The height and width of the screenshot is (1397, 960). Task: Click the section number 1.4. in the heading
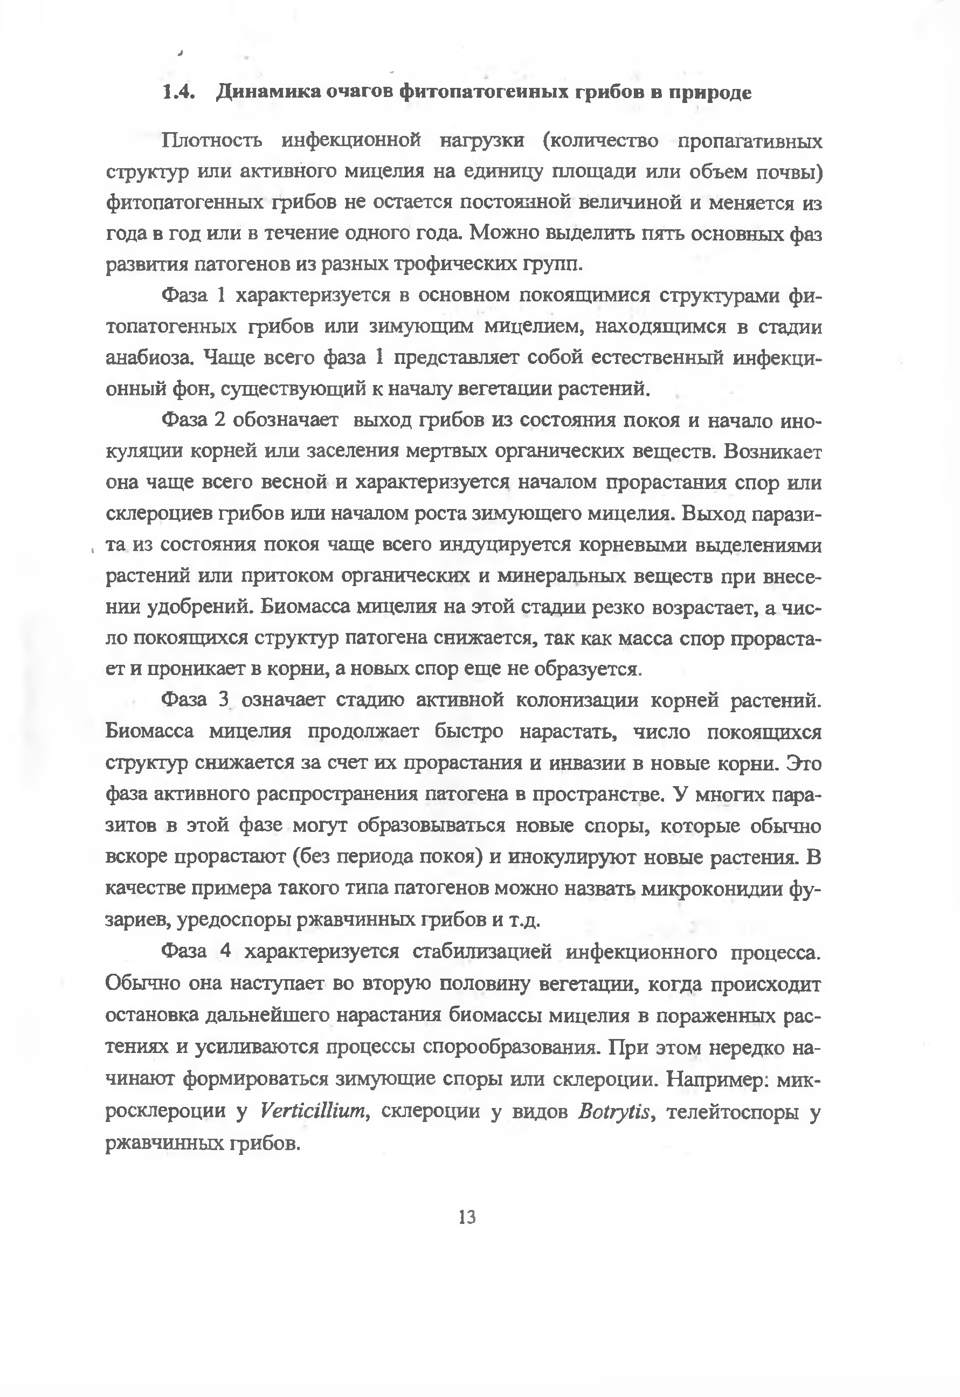point(178,92)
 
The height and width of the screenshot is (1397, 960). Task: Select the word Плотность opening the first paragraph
point(212,141)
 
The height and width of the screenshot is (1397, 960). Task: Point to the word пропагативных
point(749,141)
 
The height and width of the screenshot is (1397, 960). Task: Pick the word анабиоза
point(150,358)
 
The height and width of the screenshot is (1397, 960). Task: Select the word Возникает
point(772,451)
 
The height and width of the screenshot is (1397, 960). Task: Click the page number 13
point(467,1217)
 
